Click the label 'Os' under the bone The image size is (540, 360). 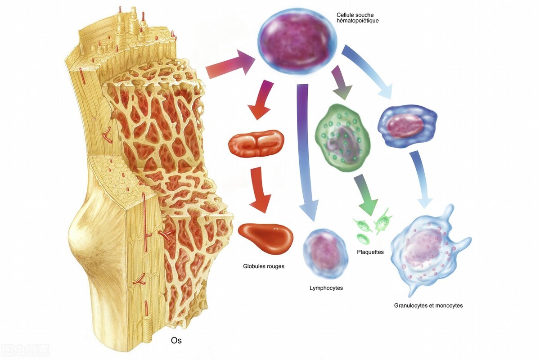[176, 341]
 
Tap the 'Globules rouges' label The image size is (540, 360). [264, 266]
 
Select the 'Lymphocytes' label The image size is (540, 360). [326, 288]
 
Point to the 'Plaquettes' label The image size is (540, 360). [370, 252]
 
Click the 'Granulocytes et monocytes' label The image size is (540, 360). [428, 306]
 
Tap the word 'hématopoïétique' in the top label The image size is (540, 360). [357, 21]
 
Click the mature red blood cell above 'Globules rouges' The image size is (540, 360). [265, 237]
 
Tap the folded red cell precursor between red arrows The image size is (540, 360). [256, 144]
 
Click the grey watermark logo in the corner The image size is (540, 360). [25, 350]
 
